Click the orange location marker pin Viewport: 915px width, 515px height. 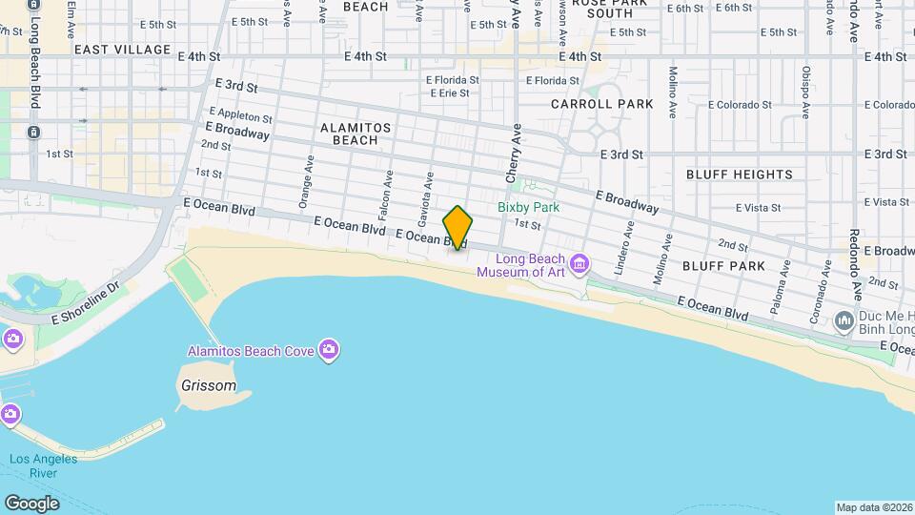click(457, 228)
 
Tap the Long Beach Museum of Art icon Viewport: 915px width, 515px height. click(579, 262)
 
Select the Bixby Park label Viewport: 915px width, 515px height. click(528, 207)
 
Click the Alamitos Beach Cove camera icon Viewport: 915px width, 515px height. click(329, 350)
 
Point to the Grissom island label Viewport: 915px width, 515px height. click(208, 386)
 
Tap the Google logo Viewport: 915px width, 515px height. click(31, 503)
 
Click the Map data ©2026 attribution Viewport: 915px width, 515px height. click(874, 507)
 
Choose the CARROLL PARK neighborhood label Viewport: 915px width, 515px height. click(601, 104)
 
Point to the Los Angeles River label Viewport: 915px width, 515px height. click(43, 466)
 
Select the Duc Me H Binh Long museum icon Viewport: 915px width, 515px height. click(844, 321)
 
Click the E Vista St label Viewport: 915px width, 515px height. click(759, 207)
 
